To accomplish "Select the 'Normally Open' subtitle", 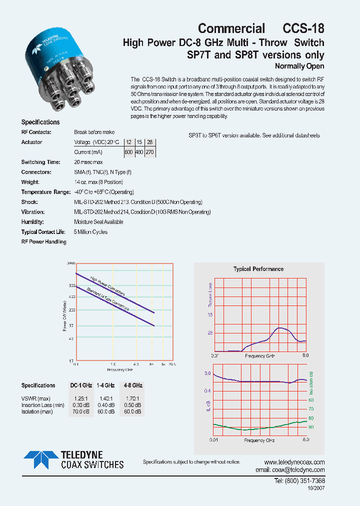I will point(299,66).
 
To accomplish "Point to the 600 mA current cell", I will point(129,152).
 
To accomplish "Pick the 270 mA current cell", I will point(149,152).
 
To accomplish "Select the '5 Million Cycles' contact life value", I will point(90,232).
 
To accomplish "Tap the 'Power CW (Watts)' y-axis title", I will point(65,315).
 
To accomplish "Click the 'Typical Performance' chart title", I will point(258,269).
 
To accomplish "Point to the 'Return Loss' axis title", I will point(210,294).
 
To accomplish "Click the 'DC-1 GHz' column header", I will point(81,385).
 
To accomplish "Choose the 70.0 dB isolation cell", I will point(81,411).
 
